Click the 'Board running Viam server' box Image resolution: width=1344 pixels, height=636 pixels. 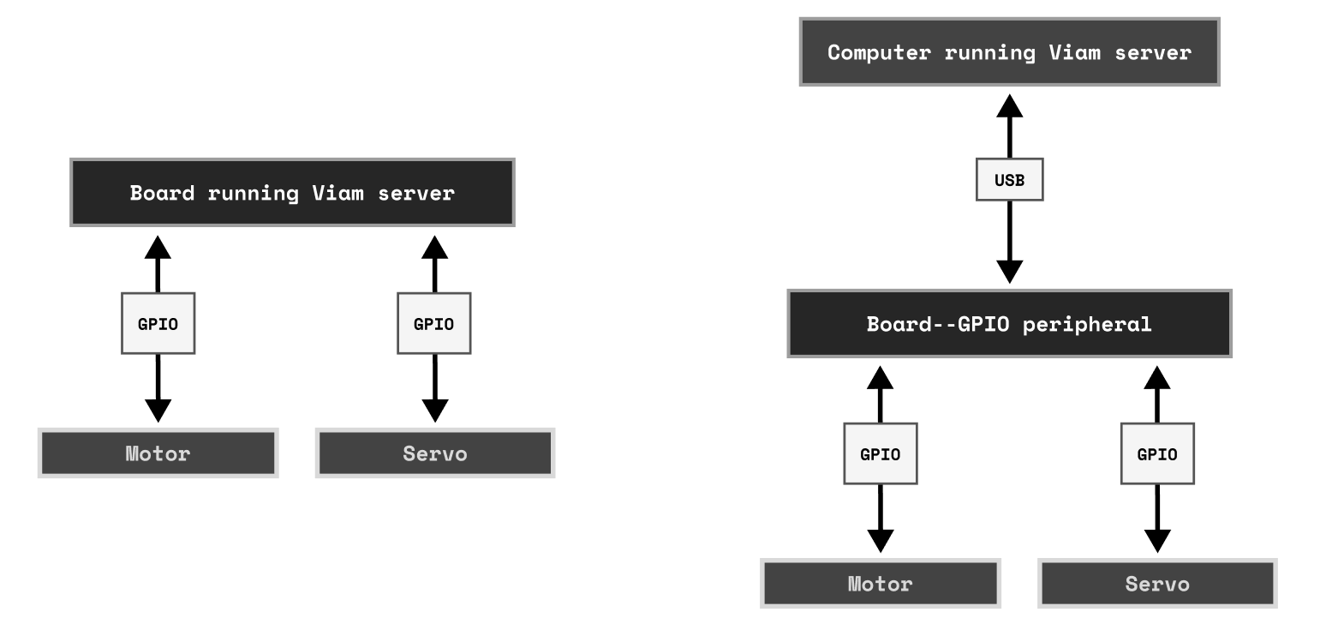point(292,193)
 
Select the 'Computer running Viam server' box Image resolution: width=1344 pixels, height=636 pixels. point(1009,52)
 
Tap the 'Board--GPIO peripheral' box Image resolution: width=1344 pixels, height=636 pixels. point(1009,324)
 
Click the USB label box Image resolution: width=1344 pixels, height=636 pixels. point(1009,180)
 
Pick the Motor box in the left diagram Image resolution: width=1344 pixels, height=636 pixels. point(158,453)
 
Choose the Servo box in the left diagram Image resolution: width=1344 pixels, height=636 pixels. point(435,453)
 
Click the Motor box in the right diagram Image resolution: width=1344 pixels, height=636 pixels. point(881,584)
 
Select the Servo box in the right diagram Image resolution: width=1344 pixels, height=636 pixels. point(1157,584)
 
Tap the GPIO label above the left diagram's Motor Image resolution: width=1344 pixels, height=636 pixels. point(158,324)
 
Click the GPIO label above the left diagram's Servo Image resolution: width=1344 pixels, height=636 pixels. point(434,324)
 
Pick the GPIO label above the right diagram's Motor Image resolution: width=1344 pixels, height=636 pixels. point(881,454)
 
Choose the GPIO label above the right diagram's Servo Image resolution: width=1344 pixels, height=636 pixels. point(1157,454)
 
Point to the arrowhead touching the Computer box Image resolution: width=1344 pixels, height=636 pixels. point(1010,106)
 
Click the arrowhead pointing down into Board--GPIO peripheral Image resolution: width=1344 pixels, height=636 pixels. point(1010,271)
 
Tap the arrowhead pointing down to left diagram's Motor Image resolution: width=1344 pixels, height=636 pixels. point(158,410)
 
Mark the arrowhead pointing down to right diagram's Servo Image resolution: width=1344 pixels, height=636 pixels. point(1157,540)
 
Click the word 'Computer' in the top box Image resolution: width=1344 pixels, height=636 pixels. point(878,52)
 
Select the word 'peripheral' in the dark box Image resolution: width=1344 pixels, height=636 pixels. point(1087,324)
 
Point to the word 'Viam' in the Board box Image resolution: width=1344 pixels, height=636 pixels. point(337,193)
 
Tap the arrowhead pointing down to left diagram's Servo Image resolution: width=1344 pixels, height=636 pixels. point(435,410)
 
